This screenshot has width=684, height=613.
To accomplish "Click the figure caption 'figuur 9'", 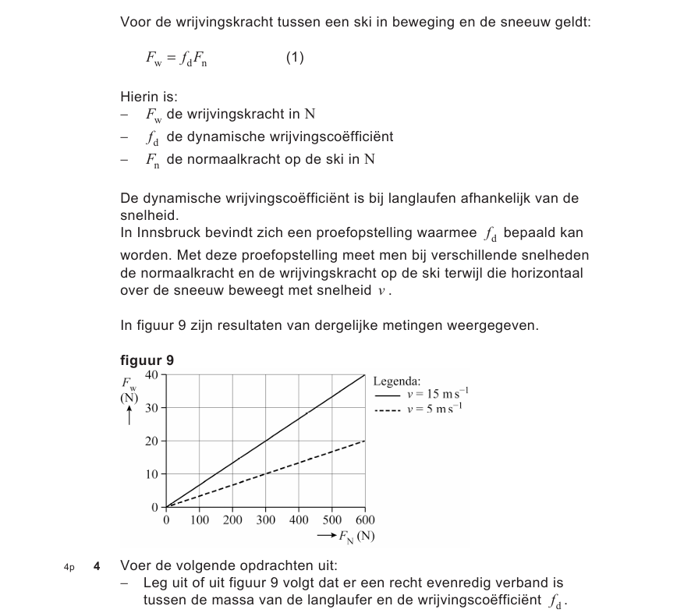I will click(x=147, y=360).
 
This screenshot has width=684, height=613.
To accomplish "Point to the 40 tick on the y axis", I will click(x=152, y=374).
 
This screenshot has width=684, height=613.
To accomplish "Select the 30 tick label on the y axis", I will click(x=152, y=408).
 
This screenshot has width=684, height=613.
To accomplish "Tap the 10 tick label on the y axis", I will click(x=152, y=474).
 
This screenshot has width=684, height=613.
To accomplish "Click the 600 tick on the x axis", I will click(x=365, y=520).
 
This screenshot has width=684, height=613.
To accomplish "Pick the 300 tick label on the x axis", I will click(x=265, y=520).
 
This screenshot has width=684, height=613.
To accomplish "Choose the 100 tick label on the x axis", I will click(x=199, y=520).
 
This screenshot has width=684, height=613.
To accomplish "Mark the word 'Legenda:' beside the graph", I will click(x=397, y=381).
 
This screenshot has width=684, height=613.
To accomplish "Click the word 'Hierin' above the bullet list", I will click(x=139, y=97).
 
